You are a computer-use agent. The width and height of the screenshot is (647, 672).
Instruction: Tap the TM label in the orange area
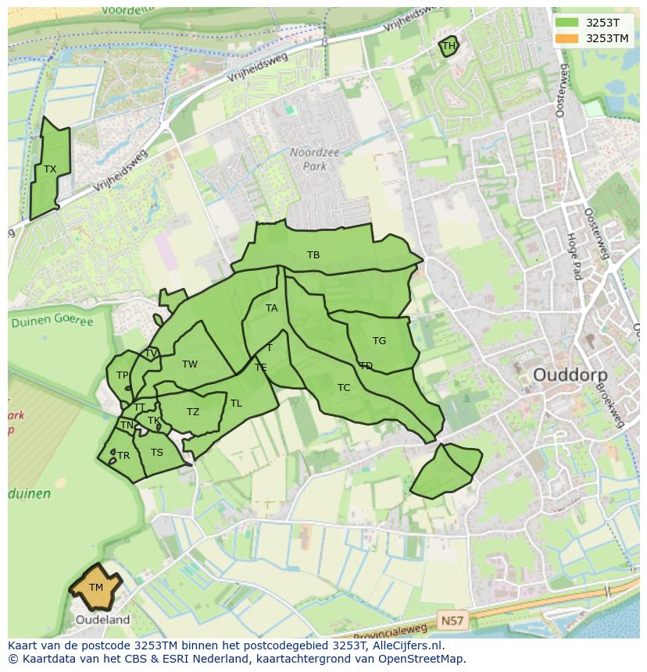pos(96,587)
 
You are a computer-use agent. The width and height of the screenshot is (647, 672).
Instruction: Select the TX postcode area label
pos(50,169)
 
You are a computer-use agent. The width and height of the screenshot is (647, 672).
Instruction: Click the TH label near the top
pos(449,46)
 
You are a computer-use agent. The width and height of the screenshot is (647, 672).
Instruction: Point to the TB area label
pos(313,254)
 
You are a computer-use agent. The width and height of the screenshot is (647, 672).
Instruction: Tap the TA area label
pos(271,308)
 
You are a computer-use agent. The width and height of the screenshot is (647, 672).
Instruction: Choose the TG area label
pos(379,340)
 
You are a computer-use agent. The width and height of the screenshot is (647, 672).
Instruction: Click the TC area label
pos(344,387)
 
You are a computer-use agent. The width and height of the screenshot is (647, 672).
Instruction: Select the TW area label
pos(190,364)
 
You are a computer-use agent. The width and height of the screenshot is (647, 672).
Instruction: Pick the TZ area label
pos(193,412)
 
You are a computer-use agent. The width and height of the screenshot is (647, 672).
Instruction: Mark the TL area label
pos(236,403)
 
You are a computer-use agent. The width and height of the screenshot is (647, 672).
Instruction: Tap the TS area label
pos(157,452)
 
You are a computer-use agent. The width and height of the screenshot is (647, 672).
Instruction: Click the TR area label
pos(123,456)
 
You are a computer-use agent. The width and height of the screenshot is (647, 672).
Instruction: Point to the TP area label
pos(122,375)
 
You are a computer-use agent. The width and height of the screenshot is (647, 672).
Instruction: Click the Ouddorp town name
pos(570,375)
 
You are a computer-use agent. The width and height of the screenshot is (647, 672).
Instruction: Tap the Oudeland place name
pos(102,620)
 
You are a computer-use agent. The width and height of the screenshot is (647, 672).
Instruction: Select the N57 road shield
pos(452,621)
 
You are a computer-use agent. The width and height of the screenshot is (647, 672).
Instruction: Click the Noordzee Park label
pos(315,159)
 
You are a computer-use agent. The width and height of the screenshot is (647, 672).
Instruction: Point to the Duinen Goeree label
pos(52,321)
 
